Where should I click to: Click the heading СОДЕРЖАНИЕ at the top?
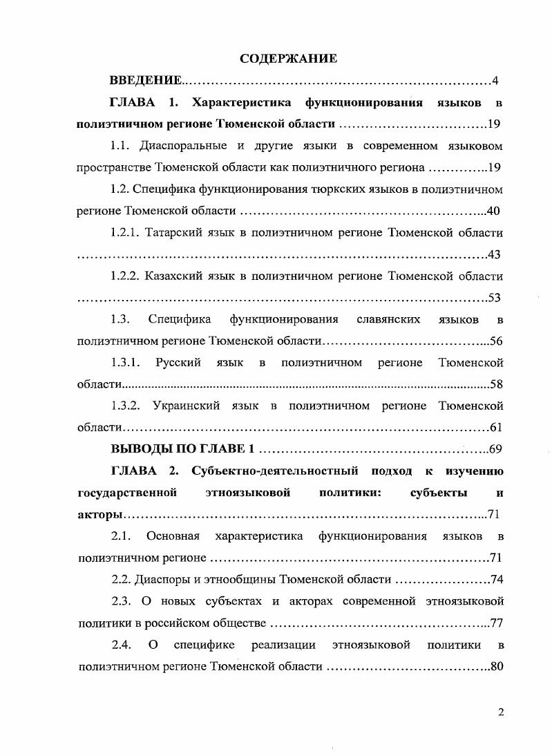[288, 58]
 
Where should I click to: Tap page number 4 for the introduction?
[495, 81]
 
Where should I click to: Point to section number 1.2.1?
[124, 233]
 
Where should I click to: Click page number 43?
[494, 255]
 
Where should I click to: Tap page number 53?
[494, 299]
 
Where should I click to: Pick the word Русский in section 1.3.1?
[178, 363]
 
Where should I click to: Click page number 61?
[495, 428]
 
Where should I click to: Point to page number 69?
[495, 450]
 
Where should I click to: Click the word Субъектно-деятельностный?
[274, 471]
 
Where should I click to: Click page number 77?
[495, 623]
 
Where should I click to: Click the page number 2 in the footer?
[500, 713]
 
